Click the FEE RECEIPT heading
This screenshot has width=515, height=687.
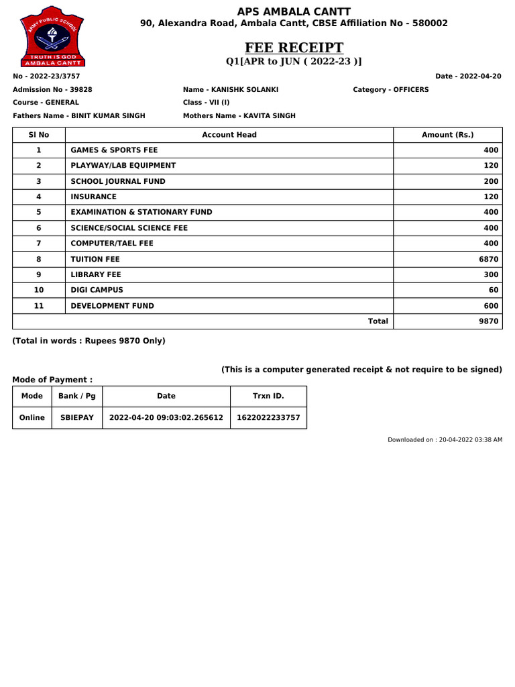coord(294,48)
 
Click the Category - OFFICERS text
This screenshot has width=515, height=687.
coord(390,89)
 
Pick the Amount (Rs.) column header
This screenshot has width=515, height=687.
coord(447,135)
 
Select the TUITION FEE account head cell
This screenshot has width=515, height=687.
coord(95,259)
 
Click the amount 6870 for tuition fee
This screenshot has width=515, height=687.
coord(488,259)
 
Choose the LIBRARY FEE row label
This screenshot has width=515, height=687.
coord(96,274)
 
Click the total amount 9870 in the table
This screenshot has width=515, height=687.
coord(488,321)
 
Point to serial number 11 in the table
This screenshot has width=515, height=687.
coord(39,305)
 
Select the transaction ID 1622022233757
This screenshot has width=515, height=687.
coord(268,417)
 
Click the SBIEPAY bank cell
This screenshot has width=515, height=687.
coord(77,417)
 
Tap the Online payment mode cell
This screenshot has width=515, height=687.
coord(32,417)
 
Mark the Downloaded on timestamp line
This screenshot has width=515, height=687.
coord(445,439)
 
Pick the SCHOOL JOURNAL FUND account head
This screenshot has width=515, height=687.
coord(118,181)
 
